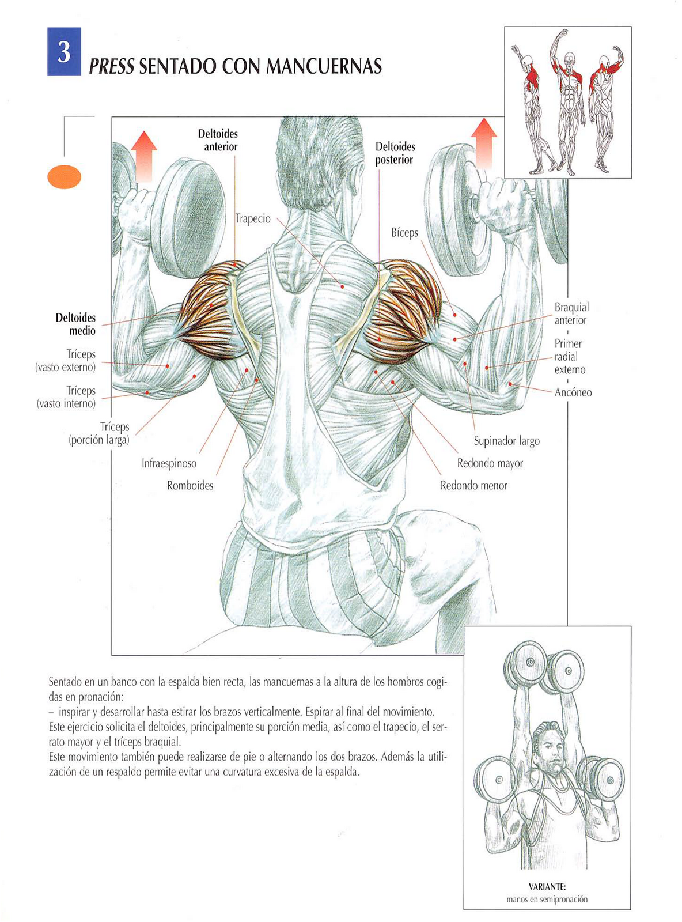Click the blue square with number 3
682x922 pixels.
[x=64, y=52]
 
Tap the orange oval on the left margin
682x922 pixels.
[x=65, y=177]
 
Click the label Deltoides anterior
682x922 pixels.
[x=218, y=140]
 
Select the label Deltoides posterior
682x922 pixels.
[x=395, y=153]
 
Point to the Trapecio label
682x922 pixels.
[x=253, y=219]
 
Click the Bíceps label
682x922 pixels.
[x=404, y=233]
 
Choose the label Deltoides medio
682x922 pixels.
[x=76, y=324]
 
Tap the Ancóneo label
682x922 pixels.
[x=573, y=392]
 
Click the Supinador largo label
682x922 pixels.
[x=506, y=441]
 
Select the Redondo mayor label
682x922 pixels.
[x=490, y=463]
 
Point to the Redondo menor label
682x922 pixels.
[x=473, y=486]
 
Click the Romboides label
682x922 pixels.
[x=190, y=486]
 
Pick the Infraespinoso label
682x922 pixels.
[x=169, y=463]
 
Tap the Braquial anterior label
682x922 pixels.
[x=571, y=313]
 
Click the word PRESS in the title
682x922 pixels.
[x=112, y=67]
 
